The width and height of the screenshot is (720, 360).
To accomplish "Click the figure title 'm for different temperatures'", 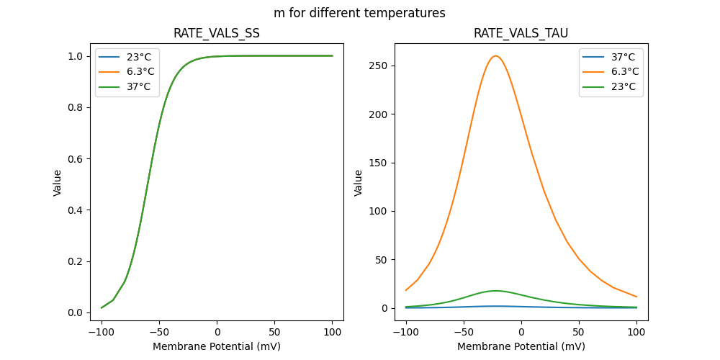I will (x=359, y=13).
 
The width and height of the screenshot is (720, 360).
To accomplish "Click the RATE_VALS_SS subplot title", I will (x=216, y=34).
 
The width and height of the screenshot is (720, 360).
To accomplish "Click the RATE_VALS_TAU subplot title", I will (x=521, y=34).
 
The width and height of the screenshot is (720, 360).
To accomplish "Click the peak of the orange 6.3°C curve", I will (x=495, y=56).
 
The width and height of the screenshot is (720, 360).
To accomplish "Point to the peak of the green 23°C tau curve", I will (x=495, y=291).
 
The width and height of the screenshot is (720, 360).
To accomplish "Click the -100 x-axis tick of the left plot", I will (x=102, y=333).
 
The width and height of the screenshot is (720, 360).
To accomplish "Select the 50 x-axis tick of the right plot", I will (x=578, y=333).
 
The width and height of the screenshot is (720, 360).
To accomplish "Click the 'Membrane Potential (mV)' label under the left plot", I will (x=217, y=346).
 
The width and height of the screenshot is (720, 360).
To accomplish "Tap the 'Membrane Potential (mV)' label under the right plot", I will (x=521, y=346).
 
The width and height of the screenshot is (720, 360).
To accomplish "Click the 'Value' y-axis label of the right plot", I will (x=358, y=182).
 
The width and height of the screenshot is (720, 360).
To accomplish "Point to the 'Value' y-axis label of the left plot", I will (x=58, y=182).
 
